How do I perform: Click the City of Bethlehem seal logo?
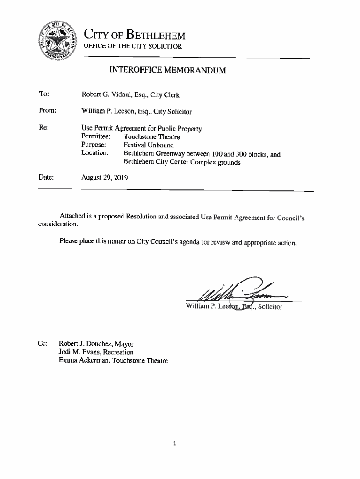click(x=58, y=41)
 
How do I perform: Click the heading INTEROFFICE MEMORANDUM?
click(x=167, y=71)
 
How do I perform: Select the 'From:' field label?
click(x=47, y=111)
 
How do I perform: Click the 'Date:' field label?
click(x=46, y=177)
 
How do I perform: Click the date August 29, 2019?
click(x=104, y=178)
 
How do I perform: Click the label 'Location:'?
click(x=95, y=153)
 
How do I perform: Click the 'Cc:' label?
click(x=42, y=344)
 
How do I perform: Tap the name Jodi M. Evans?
click(x=77, y=352)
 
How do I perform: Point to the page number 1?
click(x=174, y=443)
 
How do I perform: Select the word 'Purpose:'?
click(x=94, y=145)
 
